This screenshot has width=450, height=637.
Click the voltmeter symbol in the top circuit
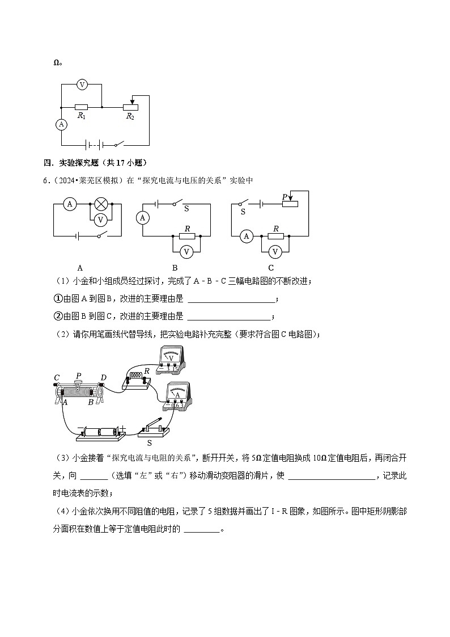[82, 85]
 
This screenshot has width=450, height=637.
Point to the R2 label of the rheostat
[130, 116]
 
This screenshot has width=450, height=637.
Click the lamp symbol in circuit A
[101, 204]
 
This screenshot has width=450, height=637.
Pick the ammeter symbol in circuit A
[69, 204]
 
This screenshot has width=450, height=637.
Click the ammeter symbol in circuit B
[143, 218]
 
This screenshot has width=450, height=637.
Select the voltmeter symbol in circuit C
[275, 251]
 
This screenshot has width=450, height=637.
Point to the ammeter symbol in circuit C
[246, 236]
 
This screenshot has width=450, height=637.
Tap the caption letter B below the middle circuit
[175, 268]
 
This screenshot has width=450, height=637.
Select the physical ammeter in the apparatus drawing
[177, 395]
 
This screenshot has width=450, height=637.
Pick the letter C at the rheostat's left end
[57, 378]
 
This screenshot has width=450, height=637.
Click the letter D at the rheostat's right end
[103, 378]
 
